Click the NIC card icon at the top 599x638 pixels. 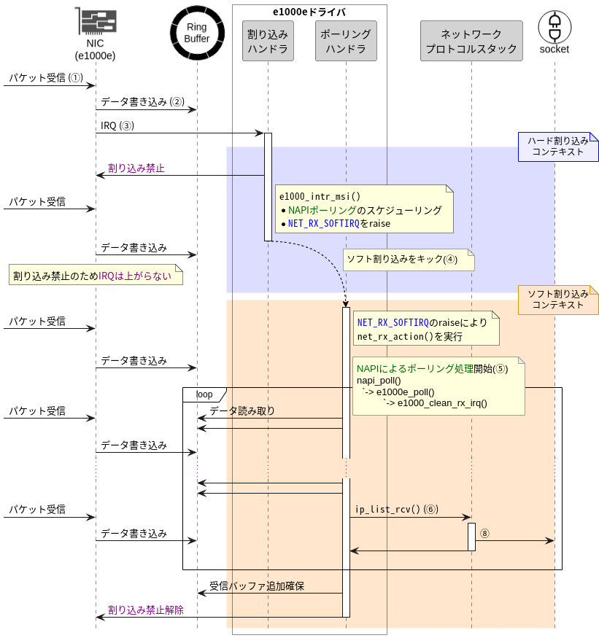(x=95, y=22)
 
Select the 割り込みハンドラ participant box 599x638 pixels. (x=268, y=41)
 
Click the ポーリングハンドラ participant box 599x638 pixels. (x=346, y=41)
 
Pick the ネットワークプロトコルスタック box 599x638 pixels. (x=471, y=41)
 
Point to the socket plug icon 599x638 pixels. (x=554, y=26)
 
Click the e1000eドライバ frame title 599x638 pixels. (x=309, y=12)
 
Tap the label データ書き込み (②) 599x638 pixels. (x=142, y=102)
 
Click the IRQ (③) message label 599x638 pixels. (x=117, y=125)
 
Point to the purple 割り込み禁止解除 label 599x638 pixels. (x=146, y=610)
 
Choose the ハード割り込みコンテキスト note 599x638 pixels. (x=558, y=147)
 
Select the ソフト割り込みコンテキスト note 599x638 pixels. (x=558, y=300)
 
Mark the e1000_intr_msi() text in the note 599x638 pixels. (x=320, y=196)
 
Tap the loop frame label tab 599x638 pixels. (x=204, y=394)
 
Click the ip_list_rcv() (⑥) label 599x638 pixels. (x=397, y=509)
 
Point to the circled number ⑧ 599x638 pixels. (x=484, y=533)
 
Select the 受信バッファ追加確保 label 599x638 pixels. (x=257, y=586)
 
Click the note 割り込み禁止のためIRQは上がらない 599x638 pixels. (x=93, y=275)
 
